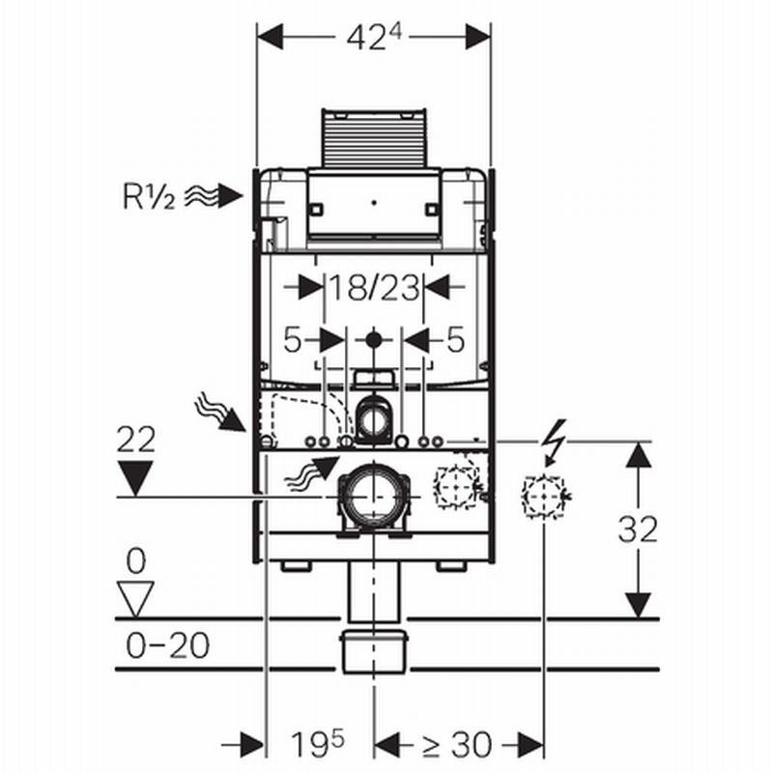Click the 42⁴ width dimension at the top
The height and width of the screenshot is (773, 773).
click(x=374, y=38)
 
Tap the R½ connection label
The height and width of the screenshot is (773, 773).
click(x=149, y=196)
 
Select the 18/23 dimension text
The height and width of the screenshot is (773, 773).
click(x=374, y=288)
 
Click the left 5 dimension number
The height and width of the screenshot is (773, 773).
click(x=293, y=340)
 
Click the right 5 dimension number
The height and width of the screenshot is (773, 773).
click(x=455, y=340)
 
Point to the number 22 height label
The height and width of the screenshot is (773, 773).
click(x=136, y=440)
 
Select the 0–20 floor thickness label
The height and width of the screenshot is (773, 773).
click(x=167, y=645)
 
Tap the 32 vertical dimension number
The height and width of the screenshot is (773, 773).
click(x=638, y=530)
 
